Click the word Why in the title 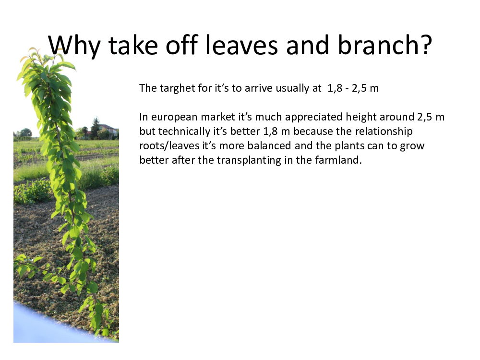click(x=74, y=45)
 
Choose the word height click(x=361, y=117)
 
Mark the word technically click(x=184, y=132)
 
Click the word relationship click(x=384, y=132)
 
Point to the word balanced click(x=269, y=145)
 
